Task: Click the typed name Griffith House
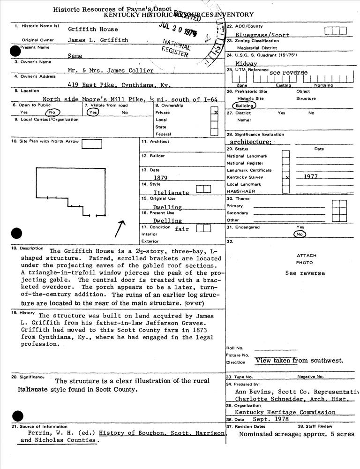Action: [x=93, y=29]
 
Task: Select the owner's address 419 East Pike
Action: [x=88, y=85]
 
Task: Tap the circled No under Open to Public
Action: [x=52, y=113]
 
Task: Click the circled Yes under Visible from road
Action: [x=93, y=113]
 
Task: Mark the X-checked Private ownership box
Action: [x=215, y=113]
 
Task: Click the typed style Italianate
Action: [x=171, y=192]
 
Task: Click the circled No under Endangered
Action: [x=300, y=234]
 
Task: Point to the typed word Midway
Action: [x=246, y=63]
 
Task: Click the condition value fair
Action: [x=182, y=229]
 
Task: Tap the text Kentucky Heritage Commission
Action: [x=285, y=412]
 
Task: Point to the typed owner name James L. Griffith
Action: [x=98, y=40]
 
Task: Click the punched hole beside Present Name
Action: [x=15, y=51]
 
